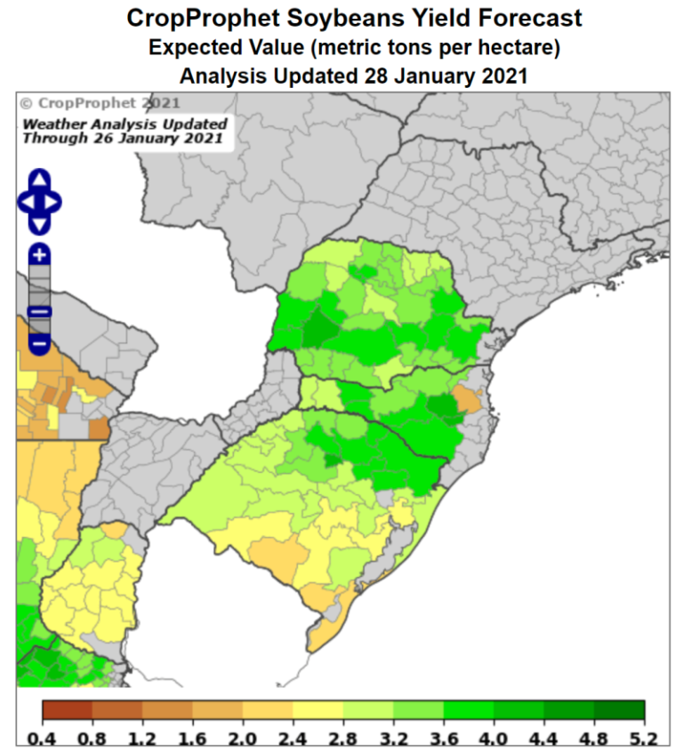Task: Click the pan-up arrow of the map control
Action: point(39,178)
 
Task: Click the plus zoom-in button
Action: point(39,255)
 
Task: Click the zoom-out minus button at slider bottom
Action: point(39,343)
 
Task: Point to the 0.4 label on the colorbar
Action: point(42,738)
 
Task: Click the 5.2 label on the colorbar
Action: point(644,738)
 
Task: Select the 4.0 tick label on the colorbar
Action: point(494,738)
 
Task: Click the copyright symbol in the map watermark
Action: point(26,104)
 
